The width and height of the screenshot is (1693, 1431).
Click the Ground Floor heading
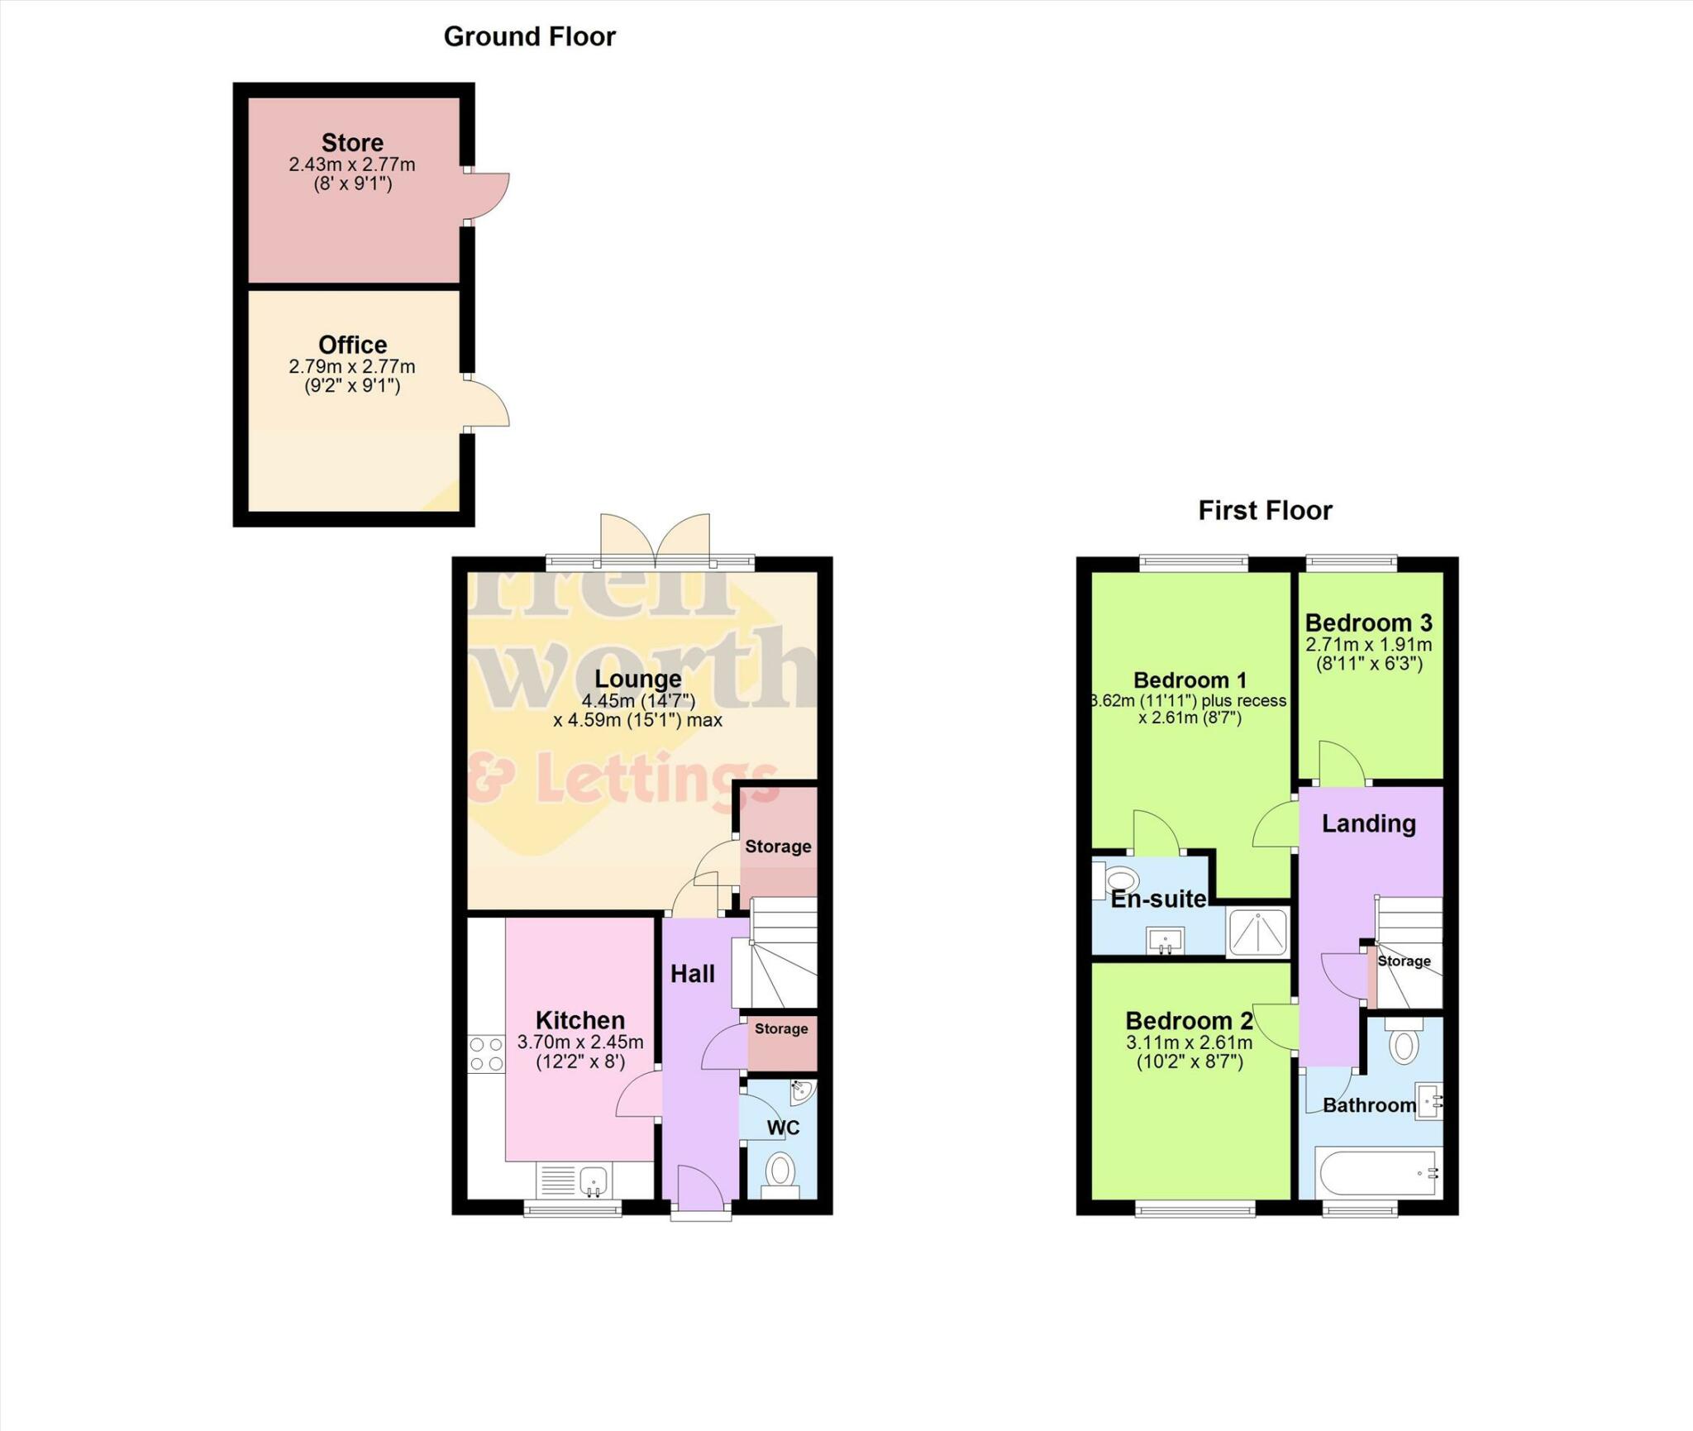pos(529,36)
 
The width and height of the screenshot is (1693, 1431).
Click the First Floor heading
pos(1265,510)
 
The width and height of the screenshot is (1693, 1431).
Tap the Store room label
pos(352,142)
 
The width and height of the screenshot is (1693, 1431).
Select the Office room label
pos(352,344)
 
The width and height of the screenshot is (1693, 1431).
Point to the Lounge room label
pos(637,679)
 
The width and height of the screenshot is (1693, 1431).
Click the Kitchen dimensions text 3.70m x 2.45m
pos(579,1042)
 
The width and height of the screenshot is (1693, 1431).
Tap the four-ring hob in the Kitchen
pos(486,1054)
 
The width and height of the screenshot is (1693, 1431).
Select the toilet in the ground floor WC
pos(780,1172)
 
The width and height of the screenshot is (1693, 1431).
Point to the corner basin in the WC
pos(801,1092)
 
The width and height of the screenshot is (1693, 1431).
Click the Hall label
pos(692,974)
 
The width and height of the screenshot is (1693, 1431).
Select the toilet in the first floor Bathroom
pos(1403,1044)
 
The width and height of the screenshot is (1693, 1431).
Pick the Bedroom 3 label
pos(1368,622)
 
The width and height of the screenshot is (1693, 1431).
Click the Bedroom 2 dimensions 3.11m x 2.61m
pos(1189,1043)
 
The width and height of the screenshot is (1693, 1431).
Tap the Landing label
pos(1368,823)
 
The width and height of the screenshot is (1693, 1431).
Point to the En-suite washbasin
pos(1165,940)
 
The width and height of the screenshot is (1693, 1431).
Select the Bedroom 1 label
pos(1190,680)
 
